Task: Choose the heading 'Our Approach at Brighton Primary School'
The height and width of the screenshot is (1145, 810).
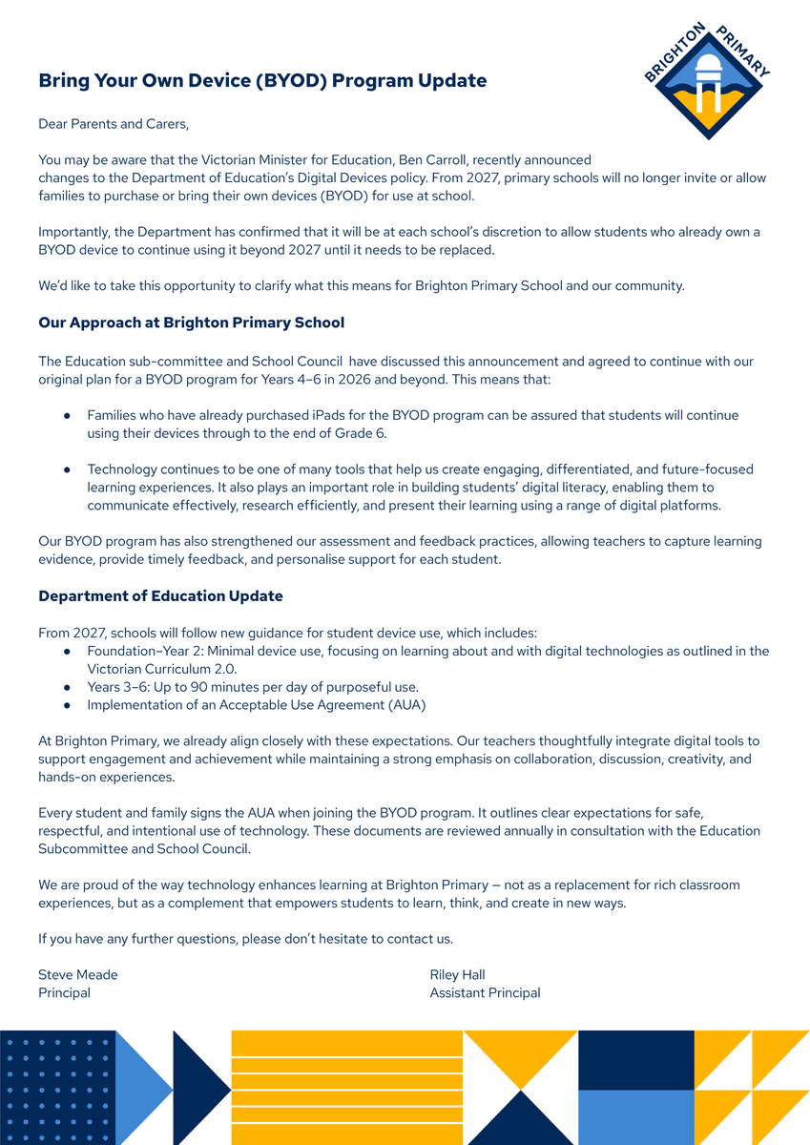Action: point(191,323)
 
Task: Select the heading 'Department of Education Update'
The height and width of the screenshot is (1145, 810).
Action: point(160,596)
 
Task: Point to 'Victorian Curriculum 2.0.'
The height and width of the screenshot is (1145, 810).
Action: point(162,669)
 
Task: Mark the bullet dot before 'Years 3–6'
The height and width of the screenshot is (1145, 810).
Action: point(67,687)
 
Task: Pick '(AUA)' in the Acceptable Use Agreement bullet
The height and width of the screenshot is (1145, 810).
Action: point(405,705)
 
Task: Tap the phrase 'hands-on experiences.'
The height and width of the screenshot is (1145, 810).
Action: point(107,777)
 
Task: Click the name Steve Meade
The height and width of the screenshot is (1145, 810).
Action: point(78,975)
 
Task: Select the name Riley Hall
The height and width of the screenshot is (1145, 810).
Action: point(458,975)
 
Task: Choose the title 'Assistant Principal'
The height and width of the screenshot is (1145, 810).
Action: point(485,993)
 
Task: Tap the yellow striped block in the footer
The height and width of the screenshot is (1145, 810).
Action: point(347,1088)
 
